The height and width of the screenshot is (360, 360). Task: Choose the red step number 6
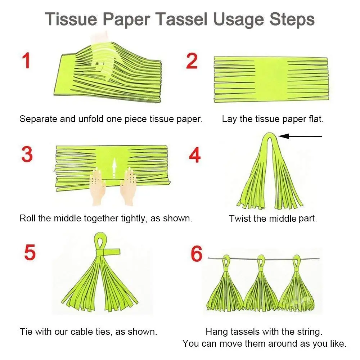tap(197, 254)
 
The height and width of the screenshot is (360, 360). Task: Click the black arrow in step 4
tap(300, 136)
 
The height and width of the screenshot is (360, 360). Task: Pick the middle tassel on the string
tap(261, 288)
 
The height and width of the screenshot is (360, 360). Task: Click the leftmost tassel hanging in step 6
tap(225, 288)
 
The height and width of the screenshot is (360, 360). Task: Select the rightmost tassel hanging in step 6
tap(297, 288)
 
